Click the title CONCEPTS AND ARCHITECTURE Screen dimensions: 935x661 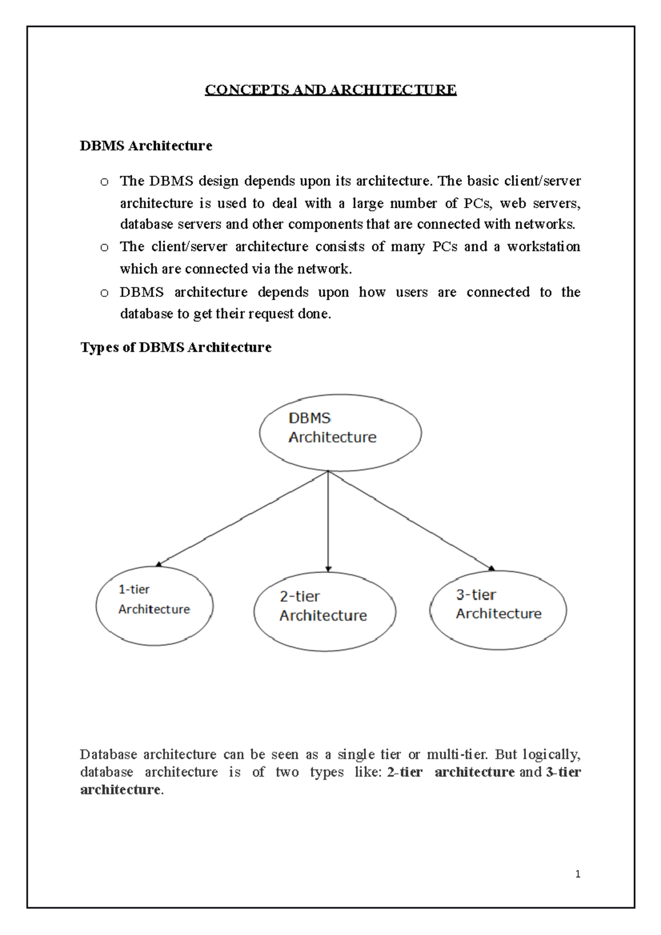click(x=330, y=90)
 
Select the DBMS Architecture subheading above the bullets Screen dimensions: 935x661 click(x=146, y=146)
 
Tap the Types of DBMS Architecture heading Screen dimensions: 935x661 click(x=176, y=347)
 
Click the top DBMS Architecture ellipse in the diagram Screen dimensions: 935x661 click(x=340, y=432)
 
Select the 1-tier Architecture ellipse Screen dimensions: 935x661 click(x=154, y=605)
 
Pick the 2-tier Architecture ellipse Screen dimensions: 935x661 click(x=324, y=611)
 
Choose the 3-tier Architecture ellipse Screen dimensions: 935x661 click(x=498, y=610)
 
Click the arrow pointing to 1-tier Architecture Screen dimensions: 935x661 click(x=242, y=519)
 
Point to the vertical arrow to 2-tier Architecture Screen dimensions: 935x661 click(x=328, y=520)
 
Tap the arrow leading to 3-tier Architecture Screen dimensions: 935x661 click(x=410, y=520)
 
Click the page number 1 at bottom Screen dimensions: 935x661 click(x=577, y=874)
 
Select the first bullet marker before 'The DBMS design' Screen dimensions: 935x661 click(x=104, y=182)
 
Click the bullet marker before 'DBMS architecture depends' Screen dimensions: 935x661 click(x=104, y=293)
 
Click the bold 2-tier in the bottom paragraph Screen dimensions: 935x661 click(x=404, y=772)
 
